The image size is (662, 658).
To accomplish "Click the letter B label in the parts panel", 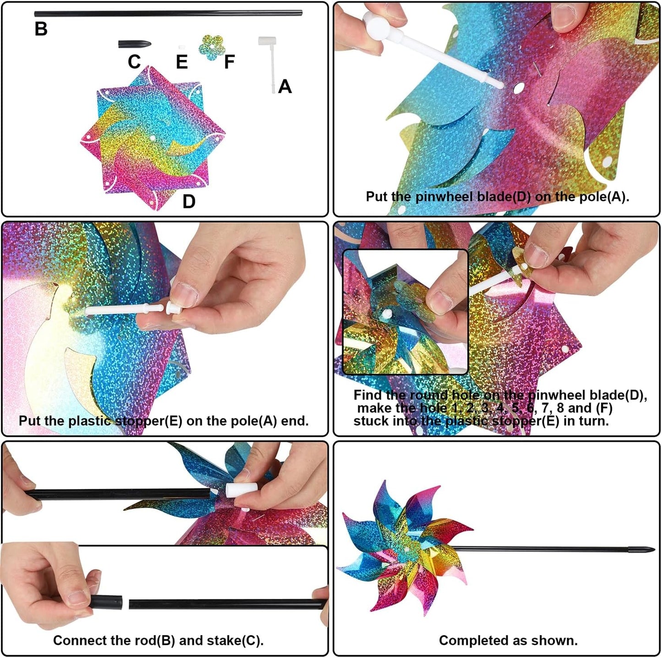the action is pyautogui.click(x=41, y=28).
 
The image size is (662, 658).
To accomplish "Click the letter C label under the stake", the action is pyautogui.click(x=134, y=62).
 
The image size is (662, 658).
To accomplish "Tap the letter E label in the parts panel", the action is pyautogui.click(x=182, y=62).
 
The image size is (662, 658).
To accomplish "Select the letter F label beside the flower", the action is pyautogui.click(x=230, y=62).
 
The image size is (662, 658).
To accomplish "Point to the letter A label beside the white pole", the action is pyautogui.click(x=285, y=86).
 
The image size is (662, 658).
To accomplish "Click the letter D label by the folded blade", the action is pyautogui.click(x=189, y=201).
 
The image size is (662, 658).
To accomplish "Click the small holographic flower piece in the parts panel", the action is pyautogui.click(x=212, y=48).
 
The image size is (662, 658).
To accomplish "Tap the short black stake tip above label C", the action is pyautogui.click(x=134, y=44).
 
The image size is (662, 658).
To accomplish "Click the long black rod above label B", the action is pyautogui.click(x=168, y=14).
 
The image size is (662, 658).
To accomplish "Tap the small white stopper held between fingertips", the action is pyautogui.click(x=174, y=307).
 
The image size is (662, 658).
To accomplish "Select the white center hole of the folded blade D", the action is pyautogui.click(x=153, y=138).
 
